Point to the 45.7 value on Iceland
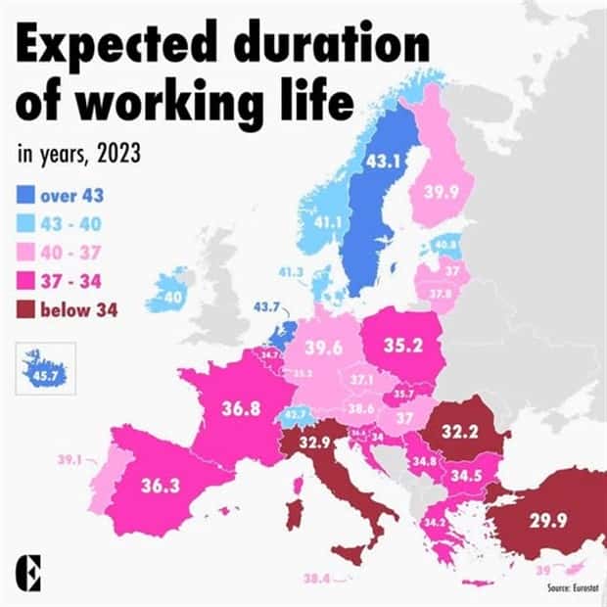click(x=43, y=372)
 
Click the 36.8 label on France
click(x=241, y=408)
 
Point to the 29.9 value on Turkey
click(x=547, y=521)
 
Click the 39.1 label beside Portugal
click(x=70, y=458)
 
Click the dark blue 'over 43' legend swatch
click(x=26, y=196)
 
